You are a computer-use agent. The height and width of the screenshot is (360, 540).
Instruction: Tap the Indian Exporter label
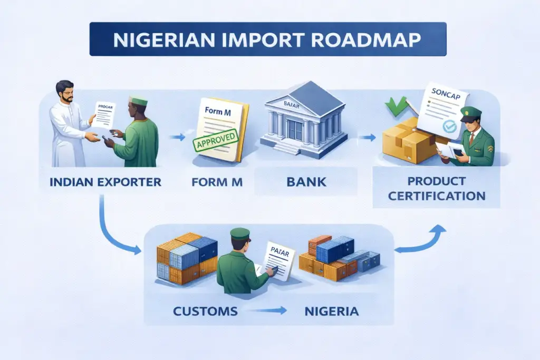pos(105,182)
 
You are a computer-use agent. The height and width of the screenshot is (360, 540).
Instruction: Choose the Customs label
pos(205,311)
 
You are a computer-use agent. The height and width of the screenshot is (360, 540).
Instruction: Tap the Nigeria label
pos(332,311)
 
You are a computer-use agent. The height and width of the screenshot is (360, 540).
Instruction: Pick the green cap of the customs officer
pos(240,233)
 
